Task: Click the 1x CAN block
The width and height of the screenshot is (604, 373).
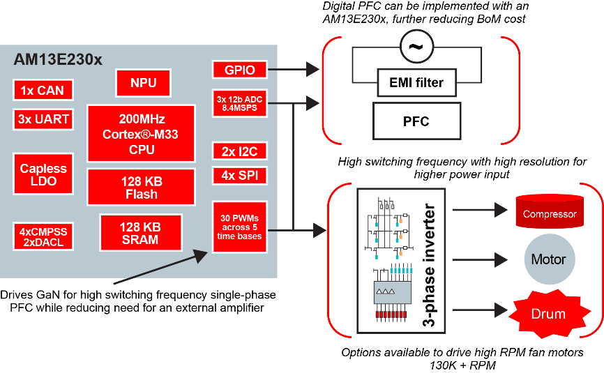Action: [42, 90]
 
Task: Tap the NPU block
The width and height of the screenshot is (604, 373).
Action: [143, 83]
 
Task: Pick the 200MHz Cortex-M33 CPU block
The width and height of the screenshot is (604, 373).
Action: [142, 134]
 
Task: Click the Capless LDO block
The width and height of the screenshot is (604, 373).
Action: [43, 174]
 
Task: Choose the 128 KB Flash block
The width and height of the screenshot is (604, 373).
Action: [142, 188]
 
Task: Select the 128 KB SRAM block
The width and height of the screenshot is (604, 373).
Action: [140, 234]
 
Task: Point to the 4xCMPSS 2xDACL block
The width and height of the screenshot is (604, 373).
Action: [42, 237]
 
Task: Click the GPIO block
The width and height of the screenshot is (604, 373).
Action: [239, 70]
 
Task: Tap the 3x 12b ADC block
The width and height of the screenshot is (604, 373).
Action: [239, 104]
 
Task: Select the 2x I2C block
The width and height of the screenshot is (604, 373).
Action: [239, 151]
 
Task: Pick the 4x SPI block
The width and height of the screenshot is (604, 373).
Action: [239, 175]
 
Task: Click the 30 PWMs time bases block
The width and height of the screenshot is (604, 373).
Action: [239, 227]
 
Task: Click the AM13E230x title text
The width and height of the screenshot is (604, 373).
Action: [58, 60]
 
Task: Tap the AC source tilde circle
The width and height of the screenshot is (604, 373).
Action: [416, 48]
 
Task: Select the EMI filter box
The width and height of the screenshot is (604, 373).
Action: [416, 83]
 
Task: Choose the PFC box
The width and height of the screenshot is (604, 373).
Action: [416, 122]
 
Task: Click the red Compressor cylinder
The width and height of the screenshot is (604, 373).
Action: [549, 212]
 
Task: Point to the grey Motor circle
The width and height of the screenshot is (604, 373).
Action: [549, 259]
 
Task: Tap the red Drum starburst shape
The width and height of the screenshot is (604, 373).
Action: [549, 314]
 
